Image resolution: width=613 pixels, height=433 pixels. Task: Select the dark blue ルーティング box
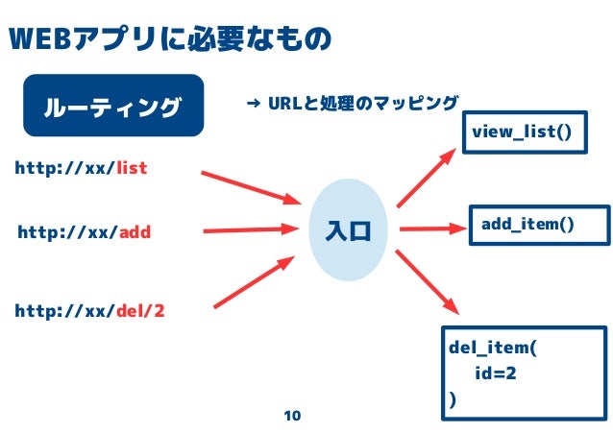[113, 105]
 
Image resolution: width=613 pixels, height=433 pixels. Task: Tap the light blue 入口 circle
[348, 230]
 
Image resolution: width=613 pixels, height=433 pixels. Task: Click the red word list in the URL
[132, 169]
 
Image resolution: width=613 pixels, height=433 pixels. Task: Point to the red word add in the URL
[135, 231]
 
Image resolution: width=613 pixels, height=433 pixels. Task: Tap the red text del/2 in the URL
[140, 311]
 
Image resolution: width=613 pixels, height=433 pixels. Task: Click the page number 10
[292, 416]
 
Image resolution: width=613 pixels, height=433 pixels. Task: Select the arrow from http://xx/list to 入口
[250, 187]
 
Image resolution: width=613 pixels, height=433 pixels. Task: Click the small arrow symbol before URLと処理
[255, 102]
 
